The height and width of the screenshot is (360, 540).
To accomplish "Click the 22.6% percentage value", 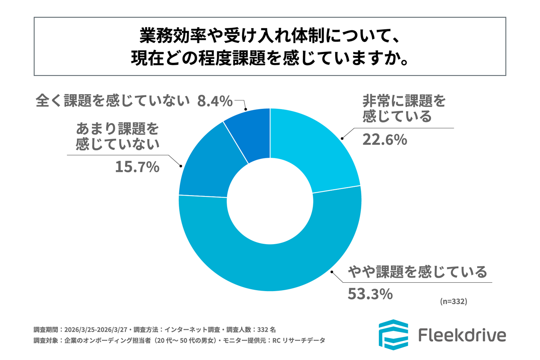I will coord(384,140).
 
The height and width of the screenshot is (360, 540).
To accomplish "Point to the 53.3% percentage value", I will coord(369,294).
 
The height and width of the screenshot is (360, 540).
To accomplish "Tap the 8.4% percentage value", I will coord(214,101).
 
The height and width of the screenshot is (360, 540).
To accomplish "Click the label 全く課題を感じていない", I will coord(113,101).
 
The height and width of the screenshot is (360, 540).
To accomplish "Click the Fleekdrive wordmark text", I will coord(461,335).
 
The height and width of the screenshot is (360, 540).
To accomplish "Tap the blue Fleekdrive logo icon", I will coord(393,335).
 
